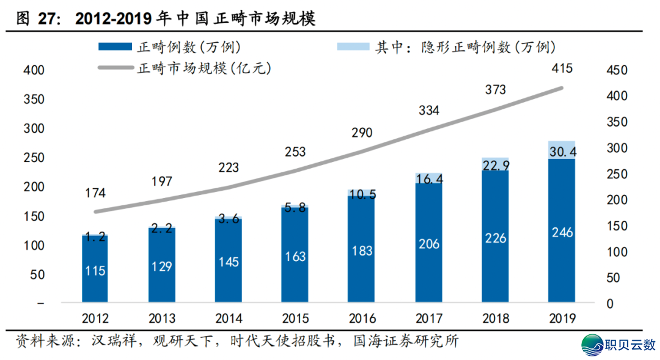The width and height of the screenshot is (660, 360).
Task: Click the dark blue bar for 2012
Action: coord(95,269)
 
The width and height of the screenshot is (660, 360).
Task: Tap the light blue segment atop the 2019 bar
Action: coord(562,150)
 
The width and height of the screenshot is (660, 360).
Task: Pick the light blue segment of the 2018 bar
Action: coord(495,164)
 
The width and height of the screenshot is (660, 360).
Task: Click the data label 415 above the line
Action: coord(561,68)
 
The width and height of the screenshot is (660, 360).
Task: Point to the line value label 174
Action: coord(95,193)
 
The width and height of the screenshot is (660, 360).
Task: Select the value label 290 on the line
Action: coord(361,133)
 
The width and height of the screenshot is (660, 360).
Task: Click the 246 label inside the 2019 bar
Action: coord(562,233)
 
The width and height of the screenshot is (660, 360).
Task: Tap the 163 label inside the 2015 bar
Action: coord(295,257)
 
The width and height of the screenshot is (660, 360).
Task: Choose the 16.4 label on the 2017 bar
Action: coord(428,178)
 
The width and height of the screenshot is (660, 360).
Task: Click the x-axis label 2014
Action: coord(229,318)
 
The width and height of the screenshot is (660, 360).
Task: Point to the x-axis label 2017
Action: coord(428,318)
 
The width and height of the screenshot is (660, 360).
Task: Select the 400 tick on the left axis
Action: coord(34,70)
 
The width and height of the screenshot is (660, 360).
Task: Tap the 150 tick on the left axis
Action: coord(34,216)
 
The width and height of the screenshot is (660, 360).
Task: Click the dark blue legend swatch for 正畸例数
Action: coord(114,46)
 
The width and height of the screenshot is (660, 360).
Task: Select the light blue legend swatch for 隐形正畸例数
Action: coord(353,46)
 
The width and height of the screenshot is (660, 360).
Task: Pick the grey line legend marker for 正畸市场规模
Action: coord(114,68)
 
